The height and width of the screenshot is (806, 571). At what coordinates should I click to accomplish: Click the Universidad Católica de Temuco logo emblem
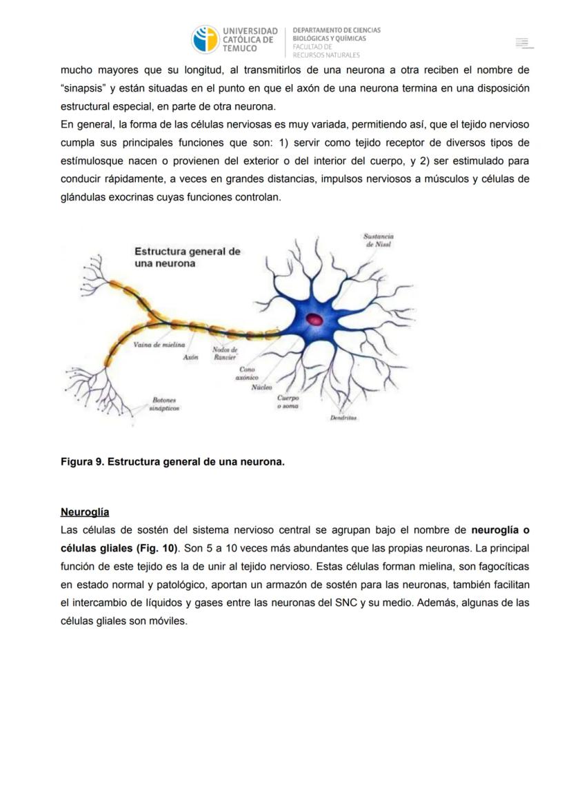[x=204, y=39]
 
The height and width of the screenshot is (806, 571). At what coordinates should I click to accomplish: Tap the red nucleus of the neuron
[x=314, y=319]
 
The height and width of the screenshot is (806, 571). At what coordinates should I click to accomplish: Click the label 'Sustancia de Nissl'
[x=378, y=240]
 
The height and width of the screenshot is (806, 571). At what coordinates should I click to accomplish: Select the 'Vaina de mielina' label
[x=159, y=344]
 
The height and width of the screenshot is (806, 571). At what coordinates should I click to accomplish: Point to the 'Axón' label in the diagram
[x=191, y=357]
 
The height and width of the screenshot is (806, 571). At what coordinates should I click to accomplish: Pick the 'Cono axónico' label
[x=246, y=374]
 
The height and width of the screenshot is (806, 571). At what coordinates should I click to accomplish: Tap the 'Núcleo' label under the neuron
[x=261, y=388]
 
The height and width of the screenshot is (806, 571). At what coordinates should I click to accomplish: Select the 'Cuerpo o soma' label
[x=288, y=401]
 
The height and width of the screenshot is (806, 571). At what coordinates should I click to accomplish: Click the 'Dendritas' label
[x=343, y=418]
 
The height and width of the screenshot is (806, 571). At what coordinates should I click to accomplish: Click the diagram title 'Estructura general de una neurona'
[x=187, y=257]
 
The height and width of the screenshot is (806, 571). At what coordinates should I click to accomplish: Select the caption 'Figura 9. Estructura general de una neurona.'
[x=172, y=461]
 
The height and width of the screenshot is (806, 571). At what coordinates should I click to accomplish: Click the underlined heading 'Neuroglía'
[x=85, y=512]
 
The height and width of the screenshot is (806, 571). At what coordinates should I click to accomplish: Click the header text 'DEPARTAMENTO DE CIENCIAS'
[x=337, y=30]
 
